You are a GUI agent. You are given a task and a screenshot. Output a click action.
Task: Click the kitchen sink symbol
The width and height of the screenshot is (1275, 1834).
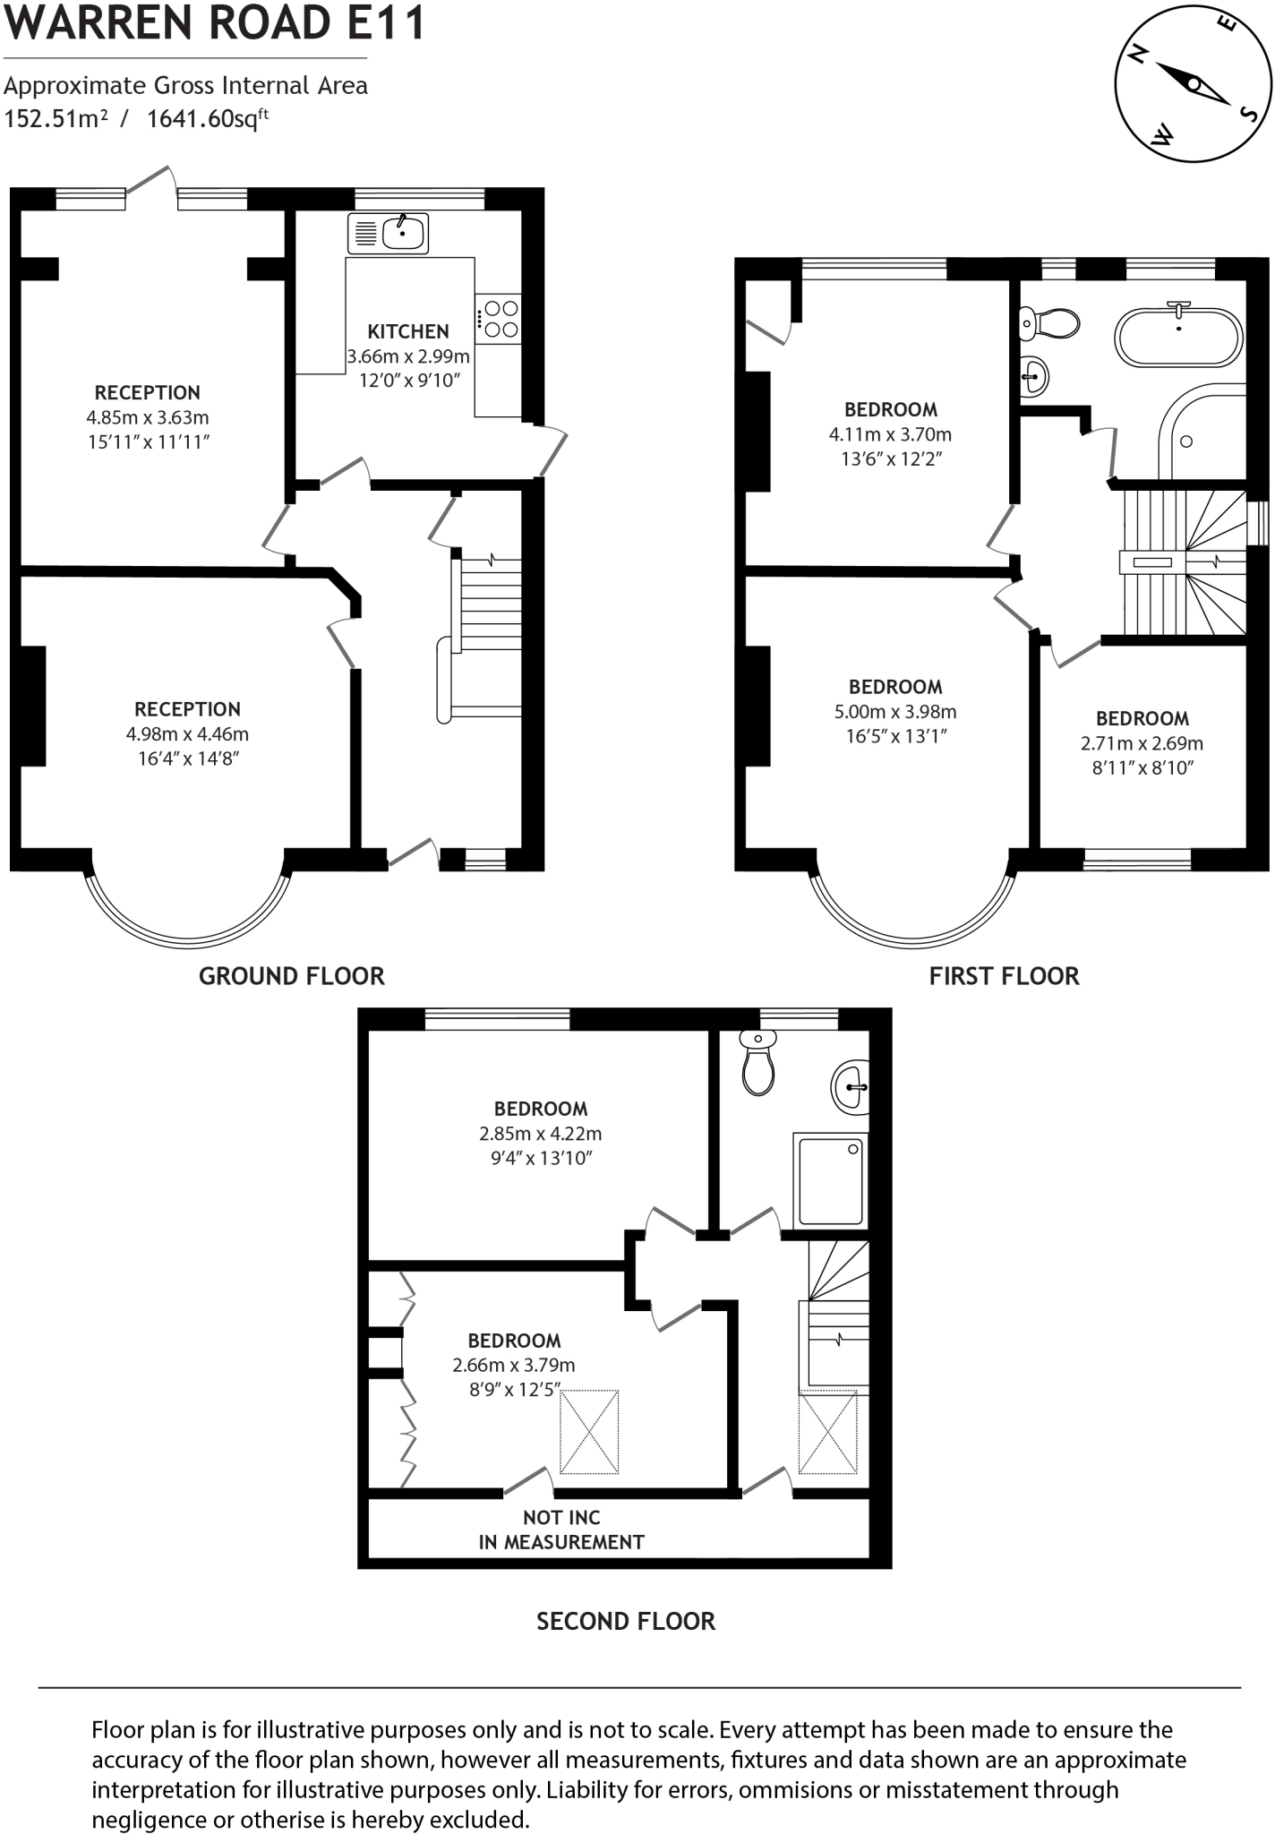pyautogui.click(x=388, y=234)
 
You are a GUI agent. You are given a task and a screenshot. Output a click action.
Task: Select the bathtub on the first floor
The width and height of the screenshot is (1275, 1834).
pyautogui.click(x=1177, y=338)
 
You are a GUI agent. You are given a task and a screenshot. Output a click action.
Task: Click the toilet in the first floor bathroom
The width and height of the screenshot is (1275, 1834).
pyautogui.click(x=1049, y=323)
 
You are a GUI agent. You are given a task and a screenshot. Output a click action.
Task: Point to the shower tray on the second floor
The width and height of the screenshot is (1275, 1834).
pyautogui.click(x=831, y=1180)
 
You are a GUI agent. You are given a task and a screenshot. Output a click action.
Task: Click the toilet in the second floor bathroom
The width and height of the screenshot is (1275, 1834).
pyautogui.click(x=758, y=1063)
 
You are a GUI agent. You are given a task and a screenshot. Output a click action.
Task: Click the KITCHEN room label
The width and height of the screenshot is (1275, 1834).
pyautogui.click(x=407, y=331)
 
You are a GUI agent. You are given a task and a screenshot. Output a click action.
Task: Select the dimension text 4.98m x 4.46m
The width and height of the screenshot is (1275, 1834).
pyautogui.click(x=187, y=734)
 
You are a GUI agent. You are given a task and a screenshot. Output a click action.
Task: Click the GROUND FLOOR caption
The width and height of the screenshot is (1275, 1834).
pyautogui.click(x=291, y=976)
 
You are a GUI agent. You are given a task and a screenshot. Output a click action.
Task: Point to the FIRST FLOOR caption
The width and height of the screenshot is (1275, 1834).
pyautogui.click(x=1004, y=976)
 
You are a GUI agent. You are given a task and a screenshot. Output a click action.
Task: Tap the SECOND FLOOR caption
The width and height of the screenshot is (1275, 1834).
pyautogui.click(x=625, y=1621)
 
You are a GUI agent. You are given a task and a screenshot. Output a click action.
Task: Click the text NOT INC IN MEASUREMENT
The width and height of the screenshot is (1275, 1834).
pyautogui.click(x=561, y=1530)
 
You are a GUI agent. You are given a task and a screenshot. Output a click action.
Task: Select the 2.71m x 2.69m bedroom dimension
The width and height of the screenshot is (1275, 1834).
pyautogui.click(x=1142, y=743)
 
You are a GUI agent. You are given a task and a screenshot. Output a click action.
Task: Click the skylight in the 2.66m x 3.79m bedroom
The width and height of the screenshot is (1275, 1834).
pyautogui.click(x=589, y=1431)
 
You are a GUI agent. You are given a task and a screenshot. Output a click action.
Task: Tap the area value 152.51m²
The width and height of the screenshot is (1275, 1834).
pyautogui.click(x=56, y=118)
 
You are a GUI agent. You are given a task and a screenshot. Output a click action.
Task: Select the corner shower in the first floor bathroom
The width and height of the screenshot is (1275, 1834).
pyautogui.click(x=1204, y=434)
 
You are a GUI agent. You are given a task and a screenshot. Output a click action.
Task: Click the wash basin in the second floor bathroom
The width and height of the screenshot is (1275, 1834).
pyautogui.click(x=851, y=1087)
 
